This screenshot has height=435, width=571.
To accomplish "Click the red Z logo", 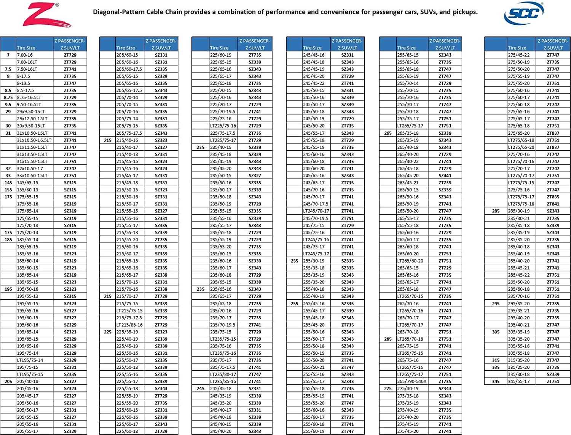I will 48,15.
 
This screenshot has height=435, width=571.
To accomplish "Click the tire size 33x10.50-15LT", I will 32,175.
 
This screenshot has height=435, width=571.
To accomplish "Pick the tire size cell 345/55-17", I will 518,381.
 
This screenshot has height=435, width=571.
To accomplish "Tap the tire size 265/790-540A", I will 412,381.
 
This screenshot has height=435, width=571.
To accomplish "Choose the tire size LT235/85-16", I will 223,381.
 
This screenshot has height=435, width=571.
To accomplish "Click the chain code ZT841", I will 553,204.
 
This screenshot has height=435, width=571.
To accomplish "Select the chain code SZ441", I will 445,175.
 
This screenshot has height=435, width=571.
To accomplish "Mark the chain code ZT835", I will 553,197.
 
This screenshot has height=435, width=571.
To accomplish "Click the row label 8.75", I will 8,97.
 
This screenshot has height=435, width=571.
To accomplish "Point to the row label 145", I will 8,183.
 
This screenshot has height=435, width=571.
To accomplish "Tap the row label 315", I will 496,360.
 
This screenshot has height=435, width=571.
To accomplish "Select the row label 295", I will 496,304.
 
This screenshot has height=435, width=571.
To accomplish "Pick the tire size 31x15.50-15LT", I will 32,161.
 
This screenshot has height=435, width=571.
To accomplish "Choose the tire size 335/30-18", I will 518,374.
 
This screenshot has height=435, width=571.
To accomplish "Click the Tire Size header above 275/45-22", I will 517,48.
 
